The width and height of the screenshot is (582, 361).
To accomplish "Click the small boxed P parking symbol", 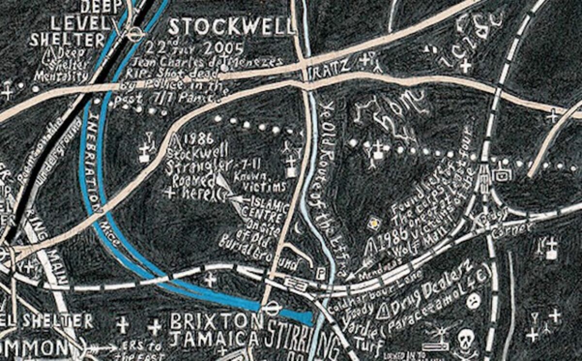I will pos(320,274).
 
